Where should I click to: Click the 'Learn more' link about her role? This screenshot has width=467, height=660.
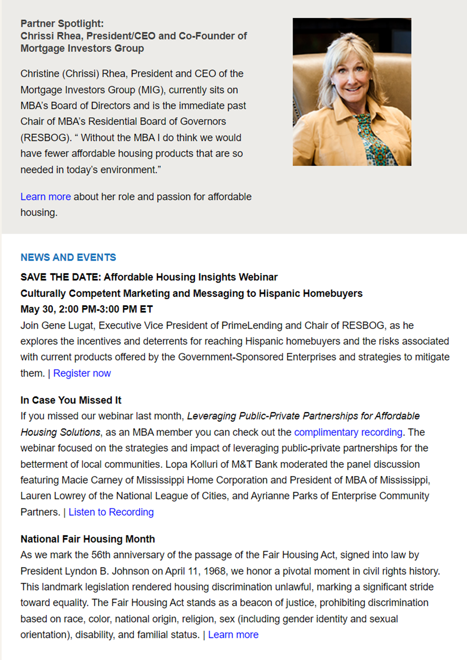(45, 197)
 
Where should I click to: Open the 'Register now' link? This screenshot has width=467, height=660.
(82, 373)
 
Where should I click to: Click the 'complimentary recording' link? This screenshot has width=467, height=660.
(348, 432)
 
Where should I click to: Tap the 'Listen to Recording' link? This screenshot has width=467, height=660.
(111, 512)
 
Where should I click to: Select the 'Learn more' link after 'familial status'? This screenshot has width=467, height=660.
(233, 635)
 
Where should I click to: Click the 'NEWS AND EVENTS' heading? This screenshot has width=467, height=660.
(68, 257)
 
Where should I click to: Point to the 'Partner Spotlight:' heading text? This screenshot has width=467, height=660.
(62, 23)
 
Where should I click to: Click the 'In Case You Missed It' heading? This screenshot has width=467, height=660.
(71, 400)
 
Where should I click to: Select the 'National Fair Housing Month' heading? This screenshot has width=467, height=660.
(87, 539)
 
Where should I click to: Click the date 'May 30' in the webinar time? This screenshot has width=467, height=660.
(37, 309)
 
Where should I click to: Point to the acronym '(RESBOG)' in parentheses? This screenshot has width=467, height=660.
(46, 137)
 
